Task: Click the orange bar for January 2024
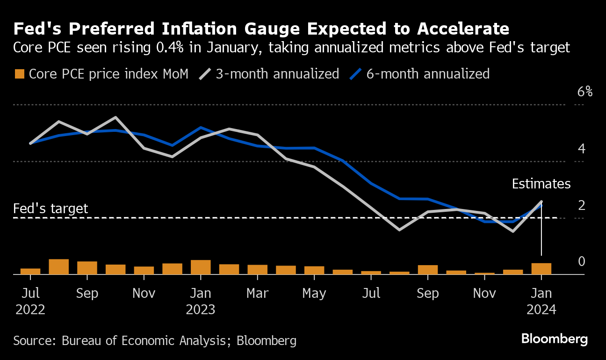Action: coord(541,269)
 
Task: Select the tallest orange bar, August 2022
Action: coord(59,266)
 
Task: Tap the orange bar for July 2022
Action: coord(30,271)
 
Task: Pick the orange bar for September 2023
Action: coord(428,270)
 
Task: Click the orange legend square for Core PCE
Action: coord(20,74)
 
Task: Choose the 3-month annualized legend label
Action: coord(277,74)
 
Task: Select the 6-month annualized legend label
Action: coord(427,74)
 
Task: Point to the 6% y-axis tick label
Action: coord(584,92)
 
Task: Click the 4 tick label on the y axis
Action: coord(582,149)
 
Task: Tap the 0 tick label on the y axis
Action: coord(582,261)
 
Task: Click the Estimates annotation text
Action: coord(541,184)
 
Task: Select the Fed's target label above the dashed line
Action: coord(50,208)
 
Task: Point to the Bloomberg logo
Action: coord(554,339)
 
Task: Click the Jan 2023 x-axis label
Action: coord(201,301)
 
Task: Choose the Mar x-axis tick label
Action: coord(257,293)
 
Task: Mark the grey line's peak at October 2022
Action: coord(115,117)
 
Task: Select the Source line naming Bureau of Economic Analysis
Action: coord(155,340)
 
